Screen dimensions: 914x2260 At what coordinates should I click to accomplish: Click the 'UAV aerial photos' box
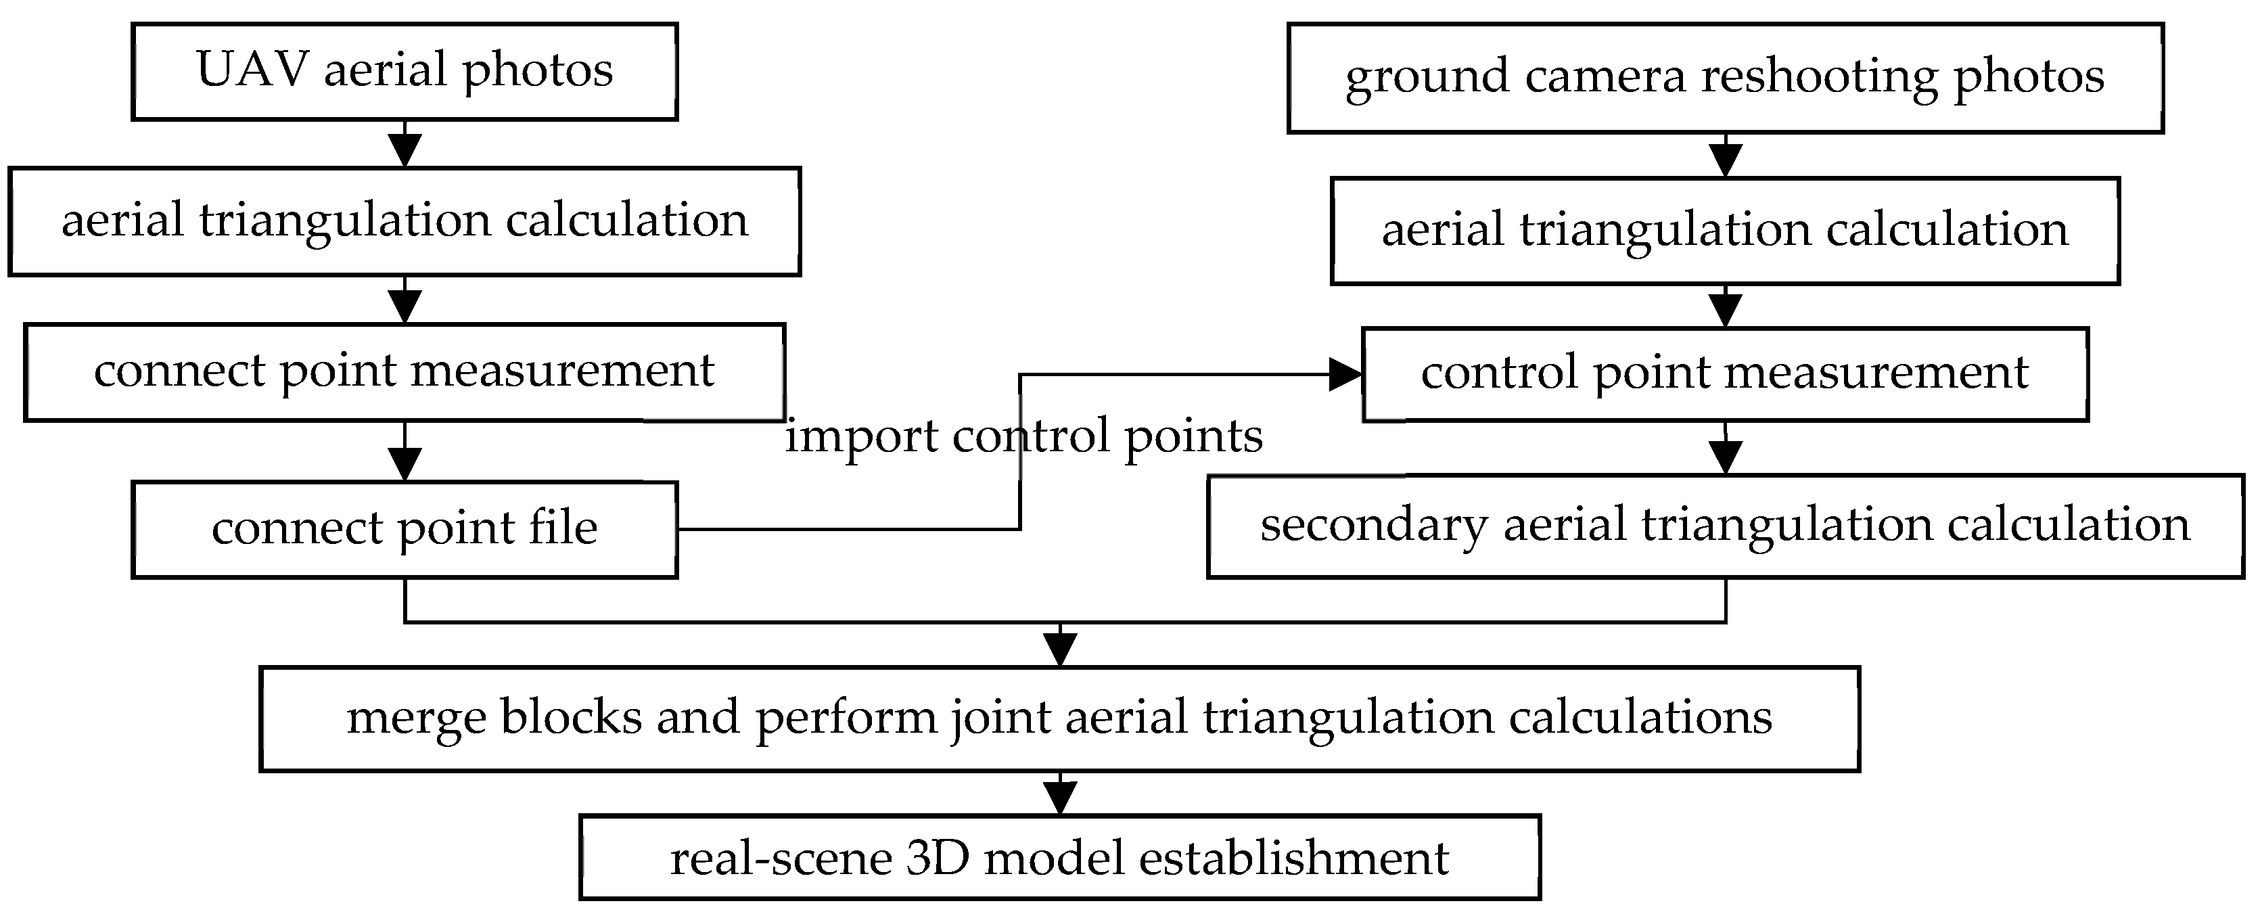click(405, 72)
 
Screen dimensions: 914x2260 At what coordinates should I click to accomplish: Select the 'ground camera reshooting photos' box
click(1725, 78)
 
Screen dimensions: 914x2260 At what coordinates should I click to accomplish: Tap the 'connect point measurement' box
click(405, 372)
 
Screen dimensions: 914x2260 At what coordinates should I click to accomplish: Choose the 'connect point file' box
click(405, 529)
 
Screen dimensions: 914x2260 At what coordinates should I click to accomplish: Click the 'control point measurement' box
click(1725, 373)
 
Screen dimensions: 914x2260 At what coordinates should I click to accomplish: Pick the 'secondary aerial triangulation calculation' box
click(1725, 526)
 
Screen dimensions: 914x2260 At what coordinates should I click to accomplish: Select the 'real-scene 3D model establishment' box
click(1060, 858)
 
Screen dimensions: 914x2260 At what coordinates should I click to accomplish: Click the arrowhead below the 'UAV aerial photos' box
click(405, 150)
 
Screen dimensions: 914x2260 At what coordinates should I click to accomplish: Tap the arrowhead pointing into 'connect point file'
click(405, 464)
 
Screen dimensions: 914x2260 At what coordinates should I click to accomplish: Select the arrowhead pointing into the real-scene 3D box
click(1060, 798)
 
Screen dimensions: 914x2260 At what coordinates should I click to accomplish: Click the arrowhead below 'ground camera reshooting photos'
click(1725, 160)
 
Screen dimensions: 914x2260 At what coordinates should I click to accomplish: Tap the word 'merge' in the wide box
click(417, 718)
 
